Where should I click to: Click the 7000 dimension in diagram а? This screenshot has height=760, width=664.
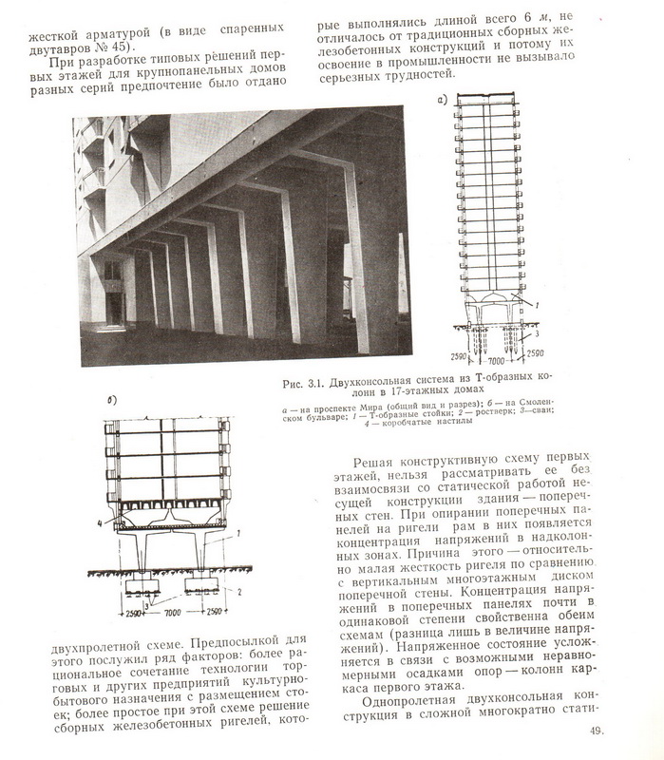pos(490,361)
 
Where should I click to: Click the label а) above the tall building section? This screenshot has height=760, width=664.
pos(441,99)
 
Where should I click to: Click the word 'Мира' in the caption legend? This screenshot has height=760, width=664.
pos(356,408)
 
